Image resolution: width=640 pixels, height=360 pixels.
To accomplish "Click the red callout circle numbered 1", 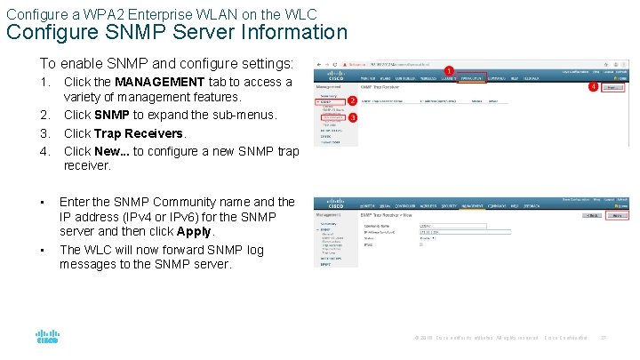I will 449,69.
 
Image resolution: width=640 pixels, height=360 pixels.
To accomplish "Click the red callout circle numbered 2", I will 352,100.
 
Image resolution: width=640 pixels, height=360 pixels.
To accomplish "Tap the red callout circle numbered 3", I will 352,117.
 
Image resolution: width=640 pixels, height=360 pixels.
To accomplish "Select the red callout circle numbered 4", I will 593,87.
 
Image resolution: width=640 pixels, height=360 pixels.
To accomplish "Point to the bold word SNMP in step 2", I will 112,115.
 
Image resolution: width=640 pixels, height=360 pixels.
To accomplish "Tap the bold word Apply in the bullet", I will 195,231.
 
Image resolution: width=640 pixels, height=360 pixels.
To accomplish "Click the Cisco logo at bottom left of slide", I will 48,338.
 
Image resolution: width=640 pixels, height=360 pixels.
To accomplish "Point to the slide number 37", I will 605,338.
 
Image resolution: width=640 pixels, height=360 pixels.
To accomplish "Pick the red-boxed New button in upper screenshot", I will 612,87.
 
